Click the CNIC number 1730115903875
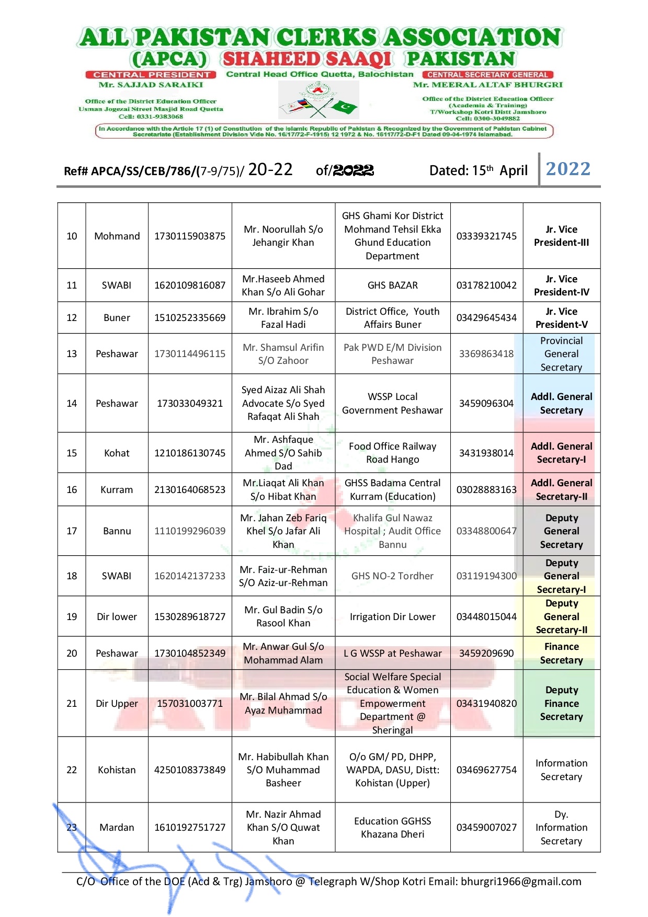[189, 236]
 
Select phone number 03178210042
[486, 285]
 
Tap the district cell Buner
[117, 317]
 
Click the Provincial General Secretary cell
[561, 354]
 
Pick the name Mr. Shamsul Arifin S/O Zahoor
[283, 354]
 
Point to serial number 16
[72, 489]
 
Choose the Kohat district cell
[117, 453]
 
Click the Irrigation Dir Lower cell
[392, 616]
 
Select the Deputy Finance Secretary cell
[561, 703]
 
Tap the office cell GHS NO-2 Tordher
[392, 576]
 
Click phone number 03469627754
[486, 770]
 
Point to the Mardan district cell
[117, 827]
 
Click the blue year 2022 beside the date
[568, 169]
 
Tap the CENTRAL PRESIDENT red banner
[151, 75]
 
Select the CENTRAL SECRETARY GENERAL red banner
[487, 75]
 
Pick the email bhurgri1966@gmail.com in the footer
[520, 881]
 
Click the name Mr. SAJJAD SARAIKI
[151, 85]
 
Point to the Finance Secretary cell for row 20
[561, 653]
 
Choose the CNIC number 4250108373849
[189, 770]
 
